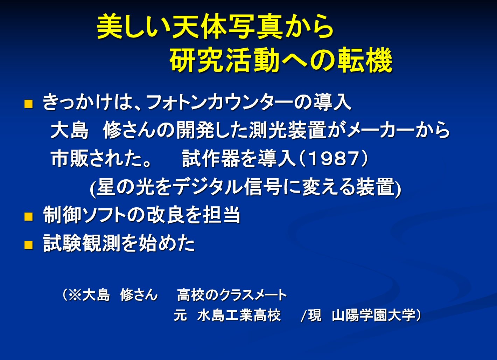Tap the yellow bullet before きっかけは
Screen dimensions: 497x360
[x=29, y=104]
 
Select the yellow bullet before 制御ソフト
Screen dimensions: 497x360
[x=29, y=217]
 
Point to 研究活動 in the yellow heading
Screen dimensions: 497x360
[x=225, y=60]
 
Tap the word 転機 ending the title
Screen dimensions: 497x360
[x=365, y=60]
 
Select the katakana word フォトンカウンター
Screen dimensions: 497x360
[x=220, y=103]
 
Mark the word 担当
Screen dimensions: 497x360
[x=222, y=215]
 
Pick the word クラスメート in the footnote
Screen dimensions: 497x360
[x=253, y=295]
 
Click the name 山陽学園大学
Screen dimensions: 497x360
[x=373, y=315]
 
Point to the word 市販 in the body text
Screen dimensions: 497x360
[x=70, y=159]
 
